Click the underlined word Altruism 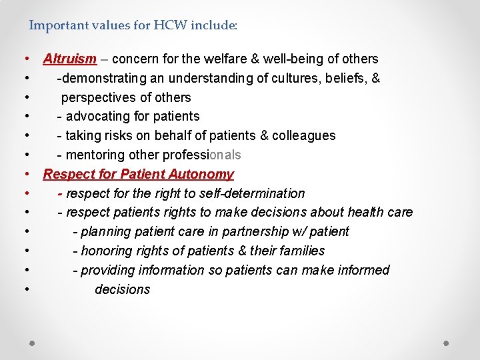70,59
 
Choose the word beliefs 346,78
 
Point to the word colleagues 303,135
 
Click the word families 301,251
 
